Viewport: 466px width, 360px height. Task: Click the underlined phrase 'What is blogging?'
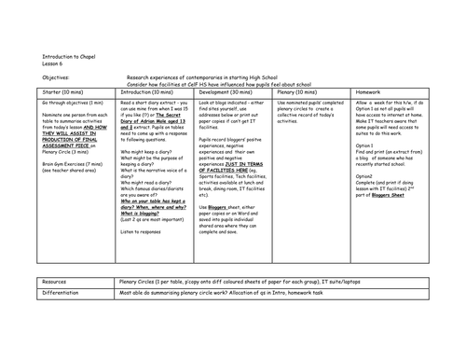[132, 210]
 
